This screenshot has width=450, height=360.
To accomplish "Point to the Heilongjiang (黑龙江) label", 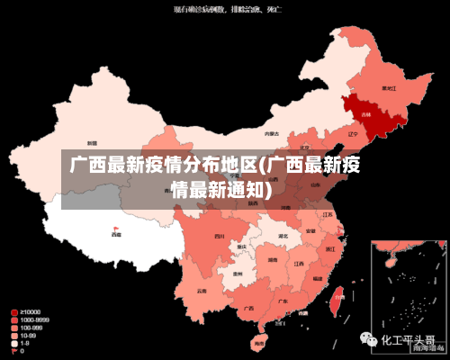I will [x=389, y=88].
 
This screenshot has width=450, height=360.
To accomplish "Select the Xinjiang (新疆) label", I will [x=92, y=142].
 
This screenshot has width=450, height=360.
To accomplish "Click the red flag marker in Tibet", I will [x=115, y=229].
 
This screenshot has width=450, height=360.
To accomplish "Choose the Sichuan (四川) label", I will [x=220, y=236].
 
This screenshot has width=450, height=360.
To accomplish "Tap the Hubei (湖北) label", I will [x=283, y=237].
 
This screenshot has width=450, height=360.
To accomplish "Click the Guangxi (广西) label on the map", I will [x=247, y=307].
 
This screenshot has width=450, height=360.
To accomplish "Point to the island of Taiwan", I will [x=337, y=301].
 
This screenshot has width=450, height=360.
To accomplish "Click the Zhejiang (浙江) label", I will [x=330, y=247].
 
